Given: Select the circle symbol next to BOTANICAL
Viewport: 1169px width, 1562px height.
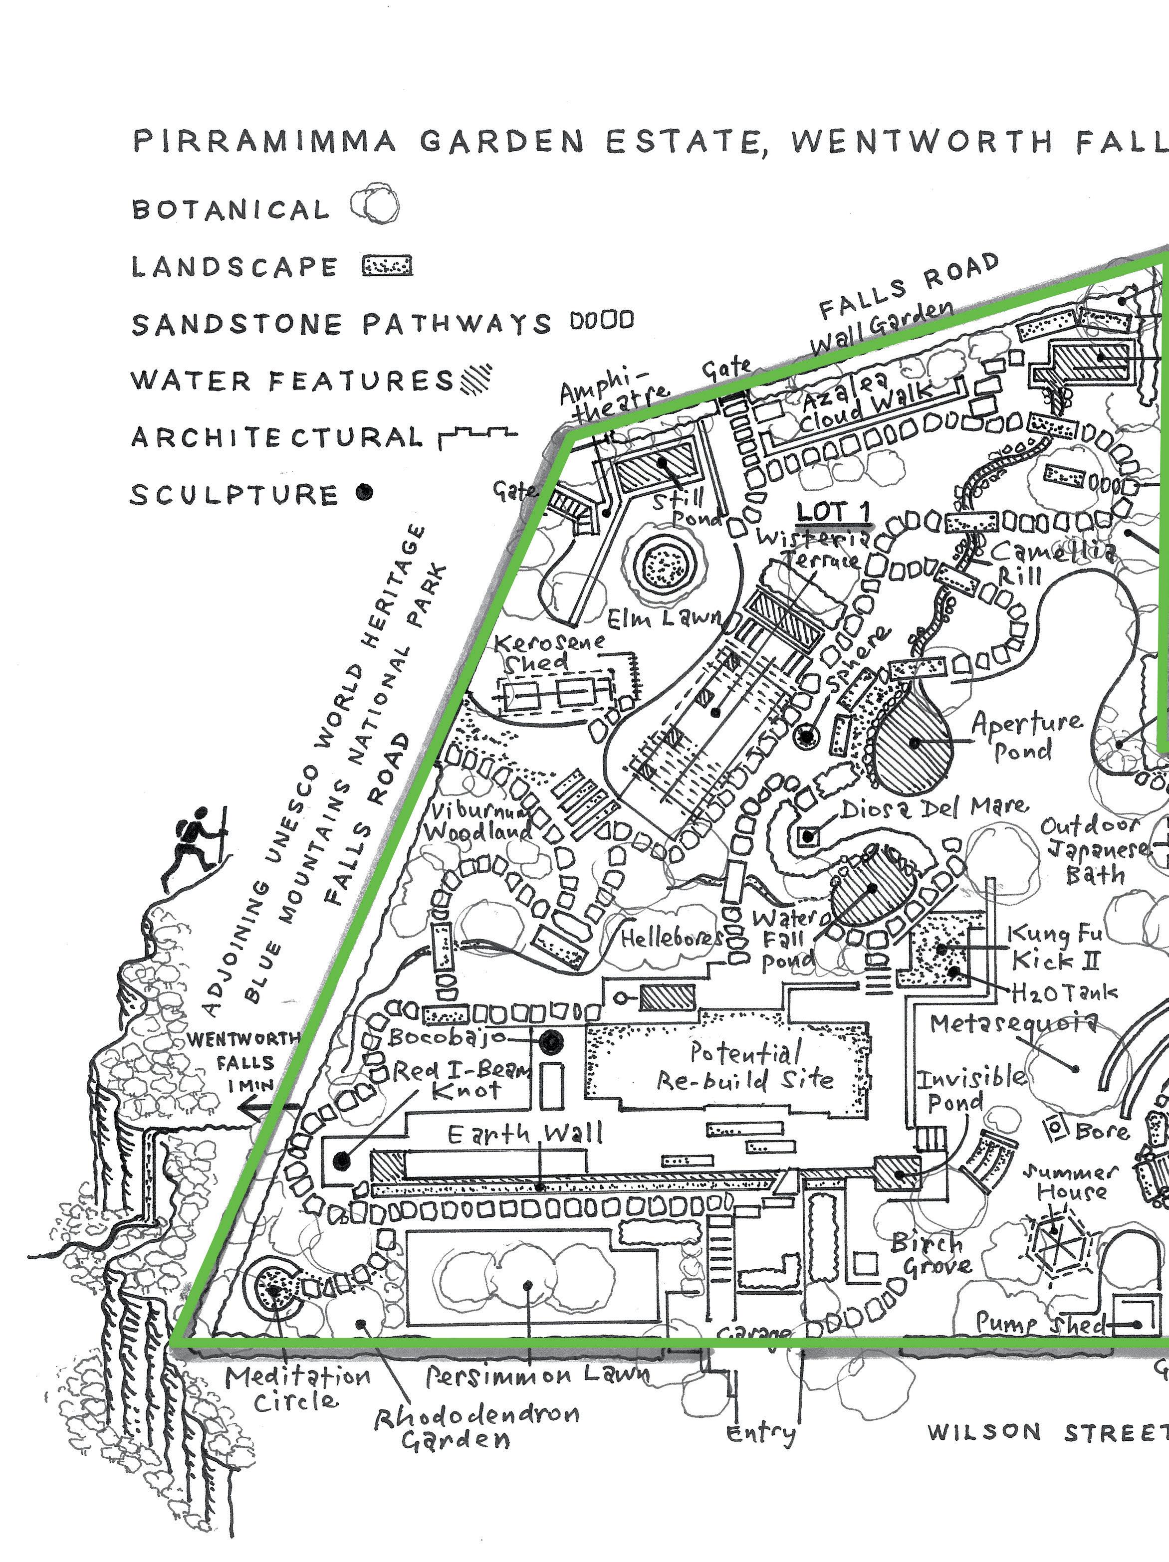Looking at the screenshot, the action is coord(375,205).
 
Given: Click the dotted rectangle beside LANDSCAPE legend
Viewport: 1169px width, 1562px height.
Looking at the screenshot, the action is coord(387,266).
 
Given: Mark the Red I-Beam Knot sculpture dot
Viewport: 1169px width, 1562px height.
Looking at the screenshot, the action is coord(342,1160).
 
